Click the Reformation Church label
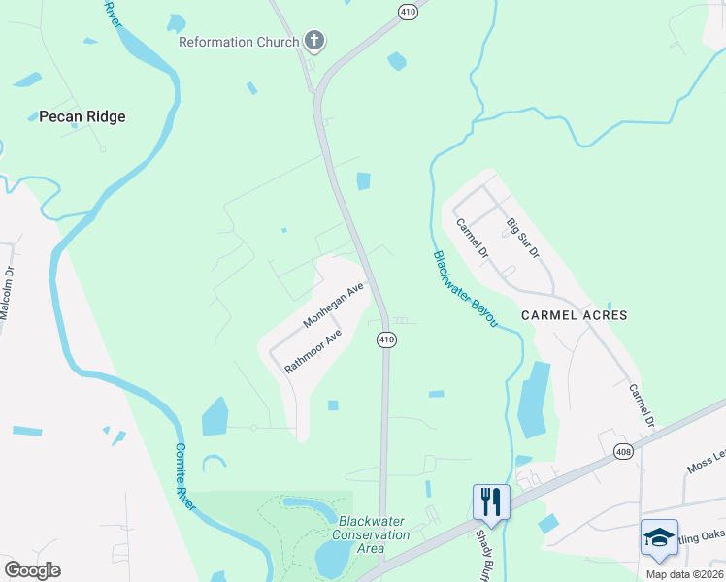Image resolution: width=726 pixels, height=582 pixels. pos(239,43)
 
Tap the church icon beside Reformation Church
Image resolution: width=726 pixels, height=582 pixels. pos(313,41)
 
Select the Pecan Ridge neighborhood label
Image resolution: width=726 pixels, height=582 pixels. pos(82,117)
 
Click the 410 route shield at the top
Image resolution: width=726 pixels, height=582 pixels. pos(407,11)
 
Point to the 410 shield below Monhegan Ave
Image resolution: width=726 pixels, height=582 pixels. pos(386,339)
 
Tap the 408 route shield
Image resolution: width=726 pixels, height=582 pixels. pos(625,451)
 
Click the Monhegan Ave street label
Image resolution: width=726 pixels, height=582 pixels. pos(333,306)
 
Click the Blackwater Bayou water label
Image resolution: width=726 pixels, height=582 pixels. pos(465,289)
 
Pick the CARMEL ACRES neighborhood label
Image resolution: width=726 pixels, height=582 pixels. pos(575,315)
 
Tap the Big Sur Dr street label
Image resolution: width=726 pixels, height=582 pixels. pos(522,237)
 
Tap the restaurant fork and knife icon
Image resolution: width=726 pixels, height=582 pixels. pos(491,502)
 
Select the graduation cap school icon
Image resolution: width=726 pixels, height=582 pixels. pos(659,537)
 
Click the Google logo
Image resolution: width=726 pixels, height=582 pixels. pos(32,569)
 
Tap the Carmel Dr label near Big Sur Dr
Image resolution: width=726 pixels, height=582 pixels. pos(472,238)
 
